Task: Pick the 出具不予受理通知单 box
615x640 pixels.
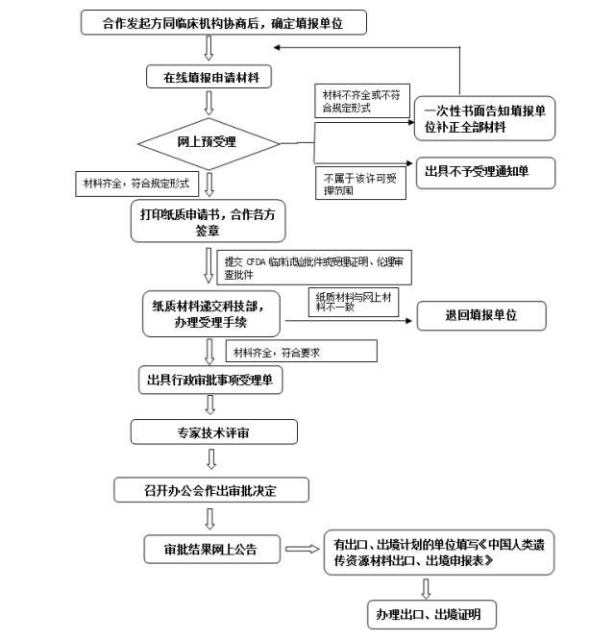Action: tap(484, 173)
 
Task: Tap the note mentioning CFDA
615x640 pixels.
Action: tap(316, 268)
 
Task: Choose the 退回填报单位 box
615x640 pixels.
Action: tap(481, 315)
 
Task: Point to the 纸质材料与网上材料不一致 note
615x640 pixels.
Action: tap(355, 302)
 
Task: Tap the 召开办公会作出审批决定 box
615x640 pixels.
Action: tap(211, 489)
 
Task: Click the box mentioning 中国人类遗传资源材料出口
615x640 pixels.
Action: tap(438, 552)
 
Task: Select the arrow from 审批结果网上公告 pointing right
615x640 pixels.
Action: tap(302, 550)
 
